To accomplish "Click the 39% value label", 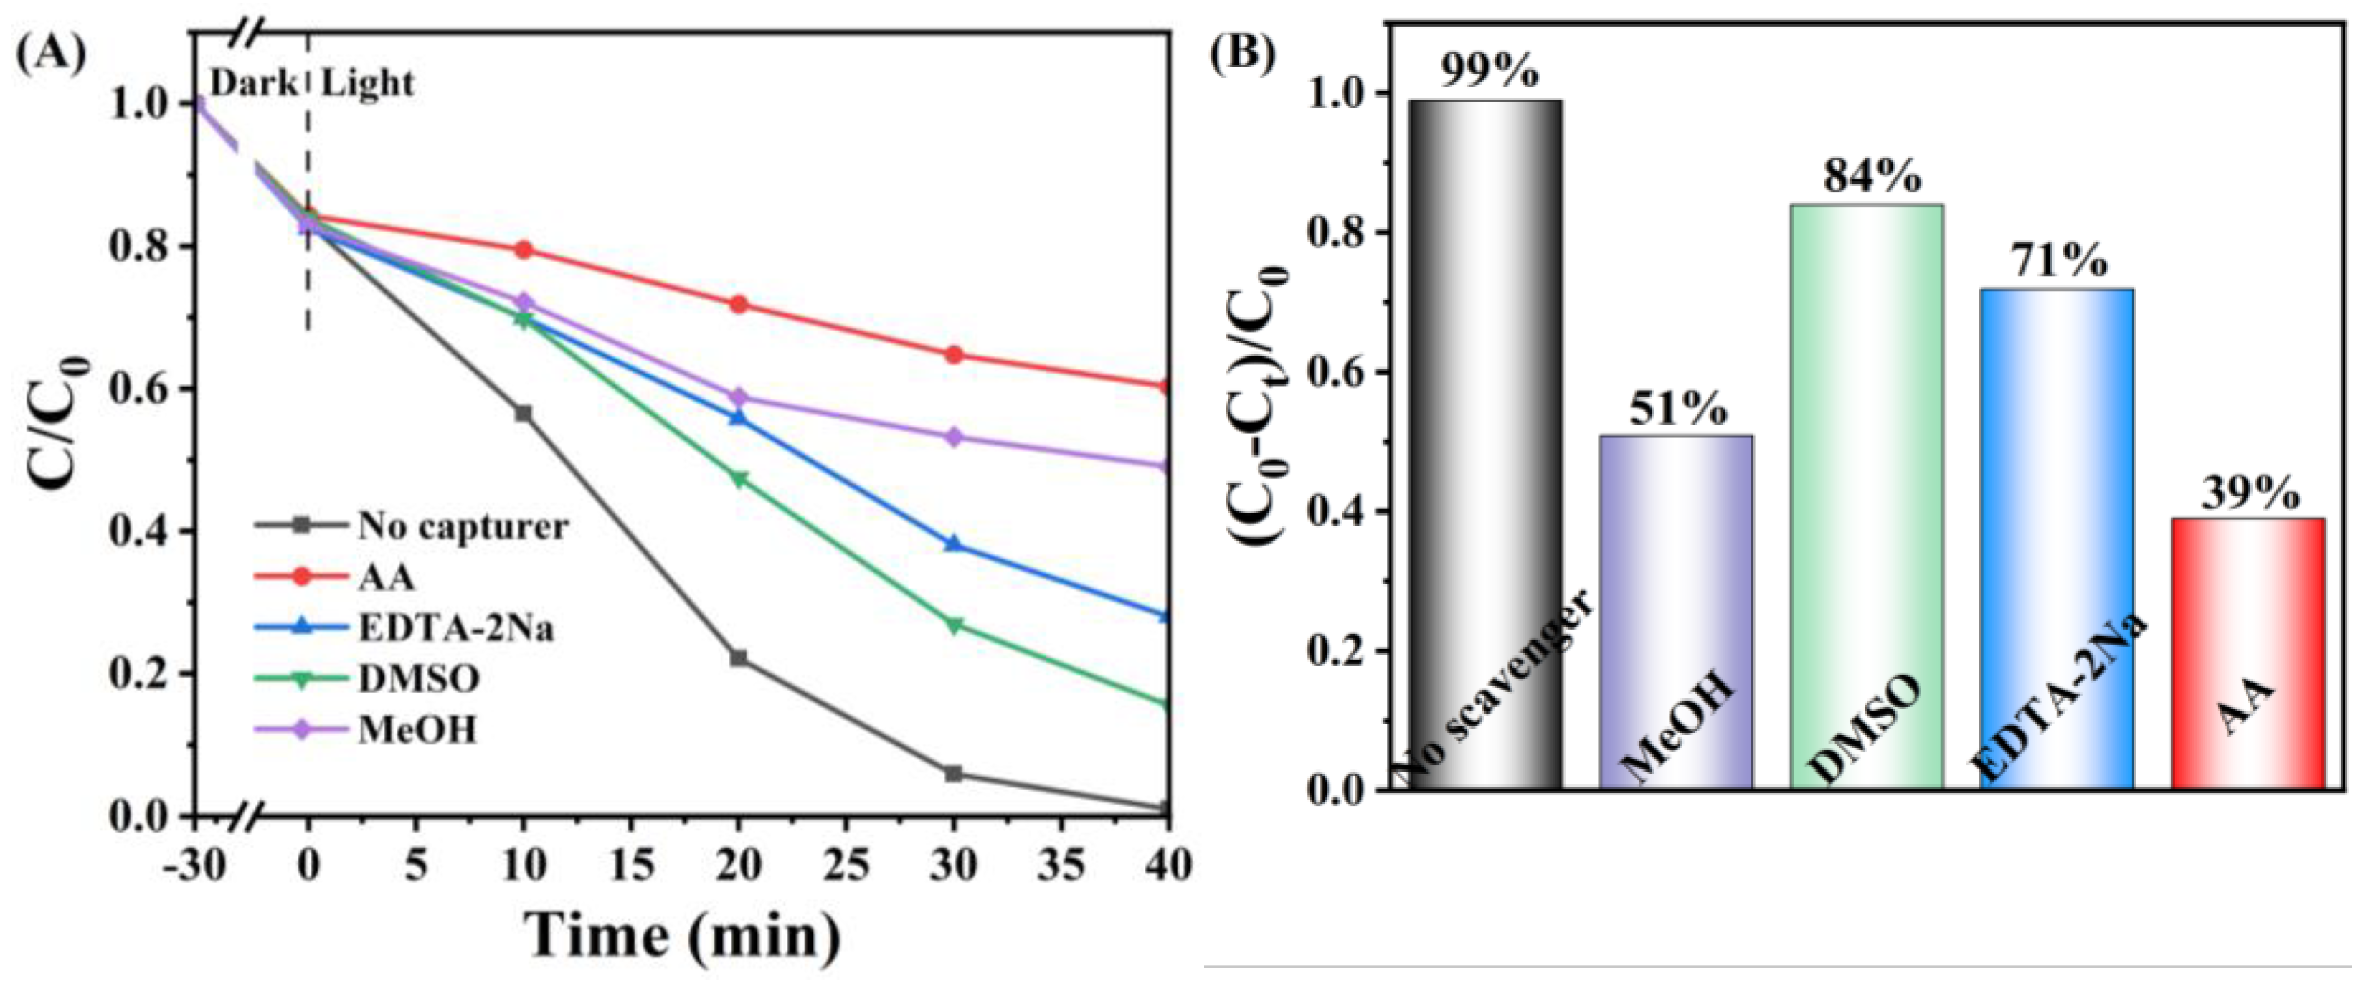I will pos(2249,493).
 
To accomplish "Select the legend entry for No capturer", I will pos(461,526).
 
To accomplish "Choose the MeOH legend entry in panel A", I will pos(417,730).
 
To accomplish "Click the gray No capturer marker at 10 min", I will pos(524,414).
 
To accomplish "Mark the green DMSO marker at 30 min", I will pos(954,625).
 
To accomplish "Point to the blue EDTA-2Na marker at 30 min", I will pos(954,544).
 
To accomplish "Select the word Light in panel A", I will pos(367,83).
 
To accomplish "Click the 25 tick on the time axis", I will pos(846,864).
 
